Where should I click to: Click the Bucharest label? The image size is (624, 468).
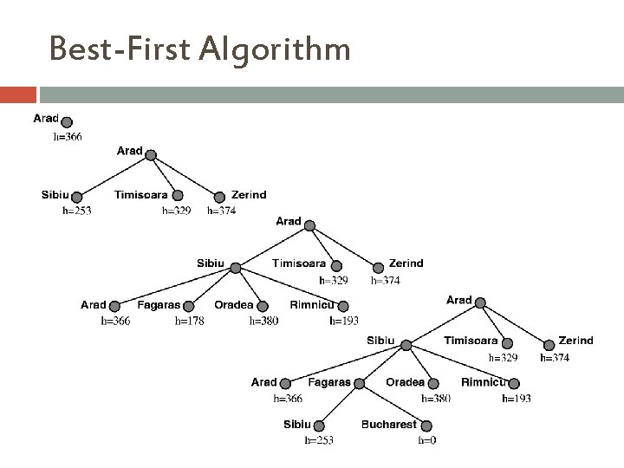pos(389,425)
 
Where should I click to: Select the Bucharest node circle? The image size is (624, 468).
pos(426,426)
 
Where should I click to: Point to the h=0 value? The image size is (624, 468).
pos(426,440)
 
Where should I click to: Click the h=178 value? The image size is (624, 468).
pos(191,321)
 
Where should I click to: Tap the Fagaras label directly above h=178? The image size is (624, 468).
pos(159,305)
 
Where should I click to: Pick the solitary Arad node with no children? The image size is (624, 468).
pos(68,121)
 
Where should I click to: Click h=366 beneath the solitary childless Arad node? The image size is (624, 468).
pos(68,136)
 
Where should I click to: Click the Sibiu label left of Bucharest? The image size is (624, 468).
pos(297,425)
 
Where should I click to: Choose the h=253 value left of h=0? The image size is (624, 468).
pos(319,440)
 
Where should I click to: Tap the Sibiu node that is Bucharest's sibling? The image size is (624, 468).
pos(319,426)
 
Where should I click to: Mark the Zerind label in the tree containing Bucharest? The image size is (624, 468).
pos(575,341)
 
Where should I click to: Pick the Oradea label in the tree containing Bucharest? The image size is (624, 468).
pos(406,382)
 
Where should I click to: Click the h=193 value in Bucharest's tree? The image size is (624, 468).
pos(517,399)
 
